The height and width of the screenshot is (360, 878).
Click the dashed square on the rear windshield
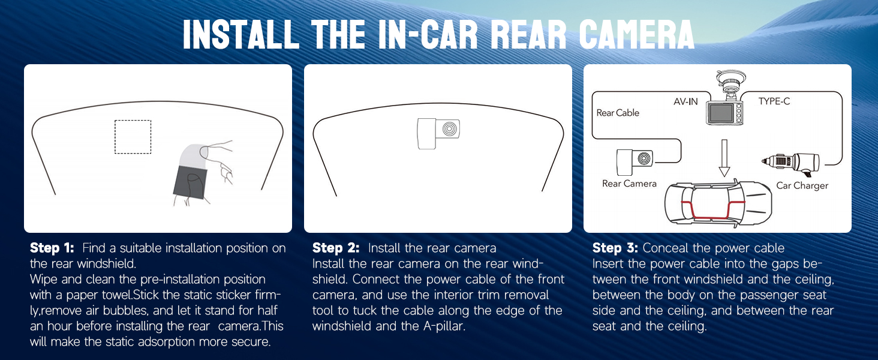[x=133, y=137]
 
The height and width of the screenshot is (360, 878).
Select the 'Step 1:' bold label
[x=52, y=248]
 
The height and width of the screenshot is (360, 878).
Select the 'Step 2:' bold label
[x=335, y=248]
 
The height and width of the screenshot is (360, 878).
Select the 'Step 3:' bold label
[x=615, y=248]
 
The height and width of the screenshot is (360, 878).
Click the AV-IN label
[x=685, y=101]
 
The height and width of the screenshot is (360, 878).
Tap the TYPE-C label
[x=774, y=101]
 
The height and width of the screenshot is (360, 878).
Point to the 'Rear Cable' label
[x=618, y=113]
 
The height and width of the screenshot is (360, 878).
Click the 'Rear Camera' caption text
[x=629, y=184]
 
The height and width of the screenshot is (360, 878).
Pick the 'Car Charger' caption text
[x=802, y=185]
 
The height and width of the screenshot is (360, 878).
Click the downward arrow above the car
[x=724, y=157]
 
